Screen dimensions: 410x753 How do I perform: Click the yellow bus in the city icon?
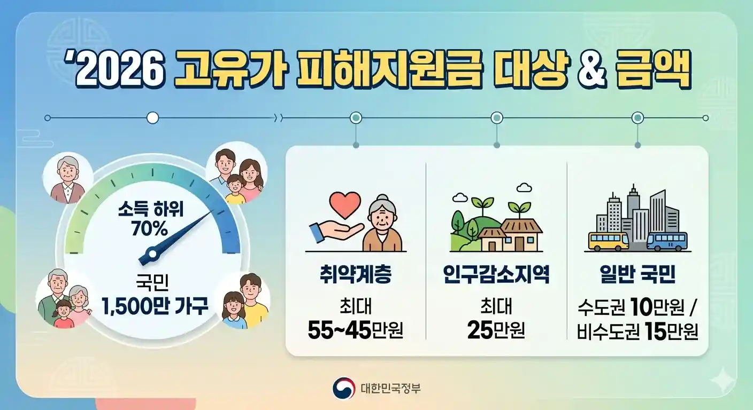coord(609,241)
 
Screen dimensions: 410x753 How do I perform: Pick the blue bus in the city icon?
coord(667,241)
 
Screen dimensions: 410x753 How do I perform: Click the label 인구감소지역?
coord(496,275)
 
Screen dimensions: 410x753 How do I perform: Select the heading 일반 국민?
coord(637,275)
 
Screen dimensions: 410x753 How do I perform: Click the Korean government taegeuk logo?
coord(343,388)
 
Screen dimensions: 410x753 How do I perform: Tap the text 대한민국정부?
coord(390,388)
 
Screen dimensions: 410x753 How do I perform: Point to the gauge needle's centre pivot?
coord(153,253)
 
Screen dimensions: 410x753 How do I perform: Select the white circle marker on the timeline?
coord(152,117)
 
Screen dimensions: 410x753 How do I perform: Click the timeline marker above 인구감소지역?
coord(497,117)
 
